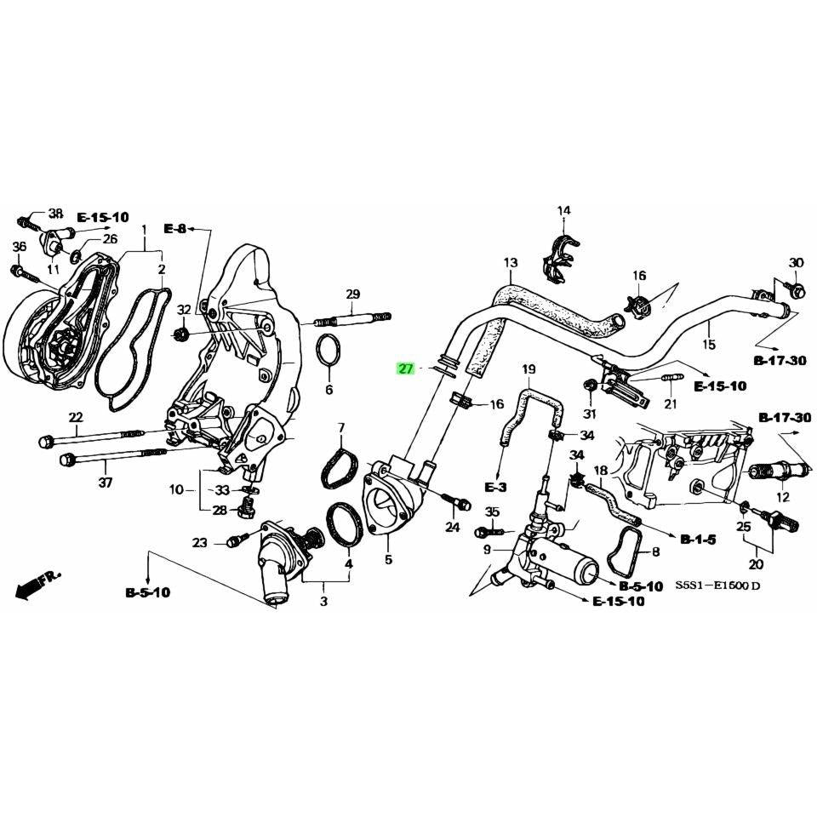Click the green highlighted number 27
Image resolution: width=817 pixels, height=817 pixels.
406,369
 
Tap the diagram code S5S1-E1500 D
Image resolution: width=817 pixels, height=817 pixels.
719,586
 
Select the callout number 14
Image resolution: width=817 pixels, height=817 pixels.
563,211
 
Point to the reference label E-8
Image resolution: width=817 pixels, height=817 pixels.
174,229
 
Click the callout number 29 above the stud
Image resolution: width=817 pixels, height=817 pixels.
353,294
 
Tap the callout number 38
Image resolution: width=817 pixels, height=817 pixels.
55,213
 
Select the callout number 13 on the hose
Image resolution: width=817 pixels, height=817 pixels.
510,263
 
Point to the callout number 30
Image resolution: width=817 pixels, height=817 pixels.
796,262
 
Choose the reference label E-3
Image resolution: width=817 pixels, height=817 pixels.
495,487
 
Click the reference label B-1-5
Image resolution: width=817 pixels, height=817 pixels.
699,539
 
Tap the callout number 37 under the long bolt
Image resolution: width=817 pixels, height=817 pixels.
105,483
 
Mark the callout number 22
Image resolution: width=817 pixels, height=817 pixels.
77,417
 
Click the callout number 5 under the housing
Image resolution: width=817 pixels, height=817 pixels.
388,560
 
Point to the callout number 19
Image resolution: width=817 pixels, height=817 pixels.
528,369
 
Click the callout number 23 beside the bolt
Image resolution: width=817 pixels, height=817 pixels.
199,542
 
